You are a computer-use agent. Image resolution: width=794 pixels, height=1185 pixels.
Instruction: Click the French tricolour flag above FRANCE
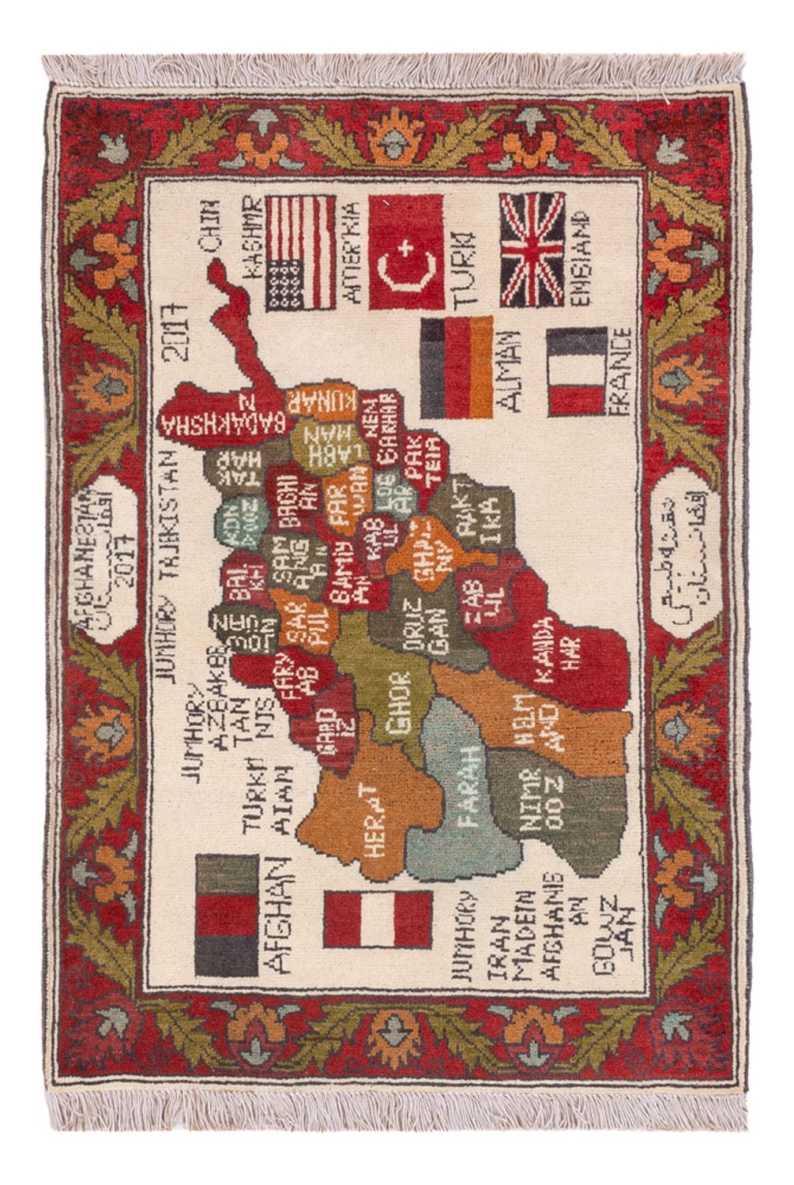[576, 372]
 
